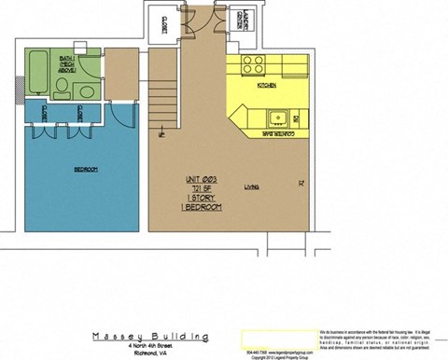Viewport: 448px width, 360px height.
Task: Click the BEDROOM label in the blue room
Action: point(86,169)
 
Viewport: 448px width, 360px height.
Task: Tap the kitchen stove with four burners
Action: point(253,64)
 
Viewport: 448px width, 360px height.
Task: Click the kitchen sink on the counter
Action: point(277,118)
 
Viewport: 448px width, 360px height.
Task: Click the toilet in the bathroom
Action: point(62,90)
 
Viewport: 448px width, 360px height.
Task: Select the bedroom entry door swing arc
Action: point(122,112)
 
